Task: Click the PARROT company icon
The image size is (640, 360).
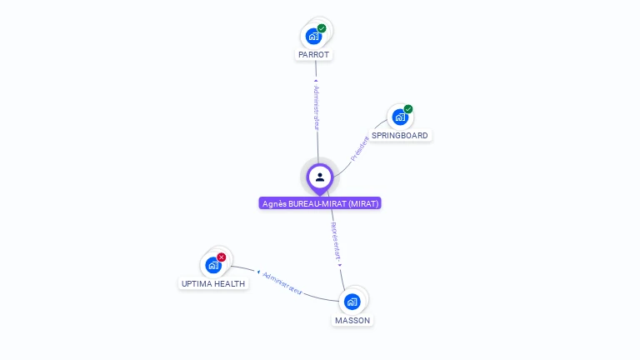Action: [313, 36]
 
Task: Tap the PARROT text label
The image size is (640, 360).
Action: [313, 55]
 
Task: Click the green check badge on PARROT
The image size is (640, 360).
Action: [322, 28]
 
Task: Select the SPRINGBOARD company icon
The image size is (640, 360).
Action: [400, 117]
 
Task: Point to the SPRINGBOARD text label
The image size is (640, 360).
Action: [400, 136]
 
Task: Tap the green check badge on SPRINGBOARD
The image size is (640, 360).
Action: [408, 109]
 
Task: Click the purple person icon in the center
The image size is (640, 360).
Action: [320, 177]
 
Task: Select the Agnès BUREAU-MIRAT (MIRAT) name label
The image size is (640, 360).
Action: [320, 203]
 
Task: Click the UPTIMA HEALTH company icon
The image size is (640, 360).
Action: [213, 265]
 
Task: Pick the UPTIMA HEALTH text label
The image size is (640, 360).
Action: [213, 283]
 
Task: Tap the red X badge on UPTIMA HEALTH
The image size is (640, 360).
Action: [222, 257]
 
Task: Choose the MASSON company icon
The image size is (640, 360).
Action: [352, 301]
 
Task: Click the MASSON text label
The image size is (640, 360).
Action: [352, 320]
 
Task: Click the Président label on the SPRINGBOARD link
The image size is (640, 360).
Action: [360, 147]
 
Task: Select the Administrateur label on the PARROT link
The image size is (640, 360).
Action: [316, 106]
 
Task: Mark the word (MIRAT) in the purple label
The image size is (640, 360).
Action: [363, 203]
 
